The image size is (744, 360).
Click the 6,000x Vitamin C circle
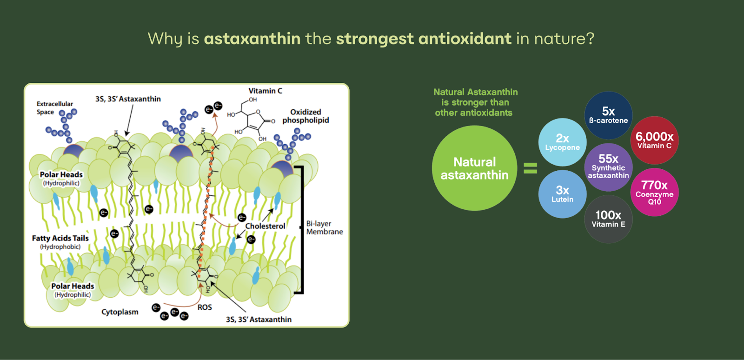coord(654,140)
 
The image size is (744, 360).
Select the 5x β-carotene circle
coord(608,115)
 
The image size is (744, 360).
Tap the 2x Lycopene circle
coord(562,142)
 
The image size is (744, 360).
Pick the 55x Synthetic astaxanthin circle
coord(608,167)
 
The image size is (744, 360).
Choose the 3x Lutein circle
coord(562,194)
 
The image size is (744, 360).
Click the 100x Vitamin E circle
coord(608,219)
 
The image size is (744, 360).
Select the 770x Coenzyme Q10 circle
coord(654,192)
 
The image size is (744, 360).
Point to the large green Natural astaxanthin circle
coord(474,168)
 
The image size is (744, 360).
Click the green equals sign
coord(530,168)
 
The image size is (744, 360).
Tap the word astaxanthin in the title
coord(252,39)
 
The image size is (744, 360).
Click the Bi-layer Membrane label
coord(324,227)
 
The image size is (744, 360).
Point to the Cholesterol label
coord(265,226)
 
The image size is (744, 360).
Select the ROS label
coord(205,307)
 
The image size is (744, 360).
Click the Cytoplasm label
coord(120,312)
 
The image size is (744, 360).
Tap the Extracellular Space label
coord(54,108)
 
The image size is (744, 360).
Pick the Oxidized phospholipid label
coord(306,116)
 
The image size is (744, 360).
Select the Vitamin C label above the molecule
coord(266,91)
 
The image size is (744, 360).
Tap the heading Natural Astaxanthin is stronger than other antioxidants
coord(475,102)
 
